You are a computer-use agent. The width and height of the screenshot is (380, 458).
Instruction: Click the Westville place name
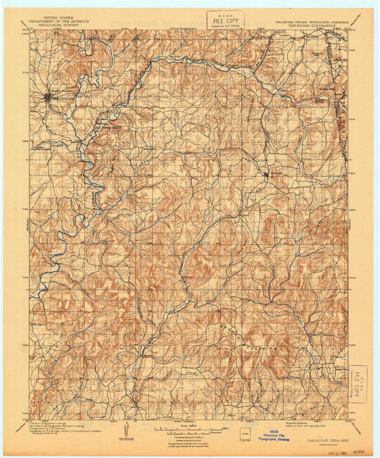tap(312, 37)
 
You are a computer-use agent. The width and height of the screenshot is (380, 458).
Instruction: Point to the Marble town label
tap(146, 356)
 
